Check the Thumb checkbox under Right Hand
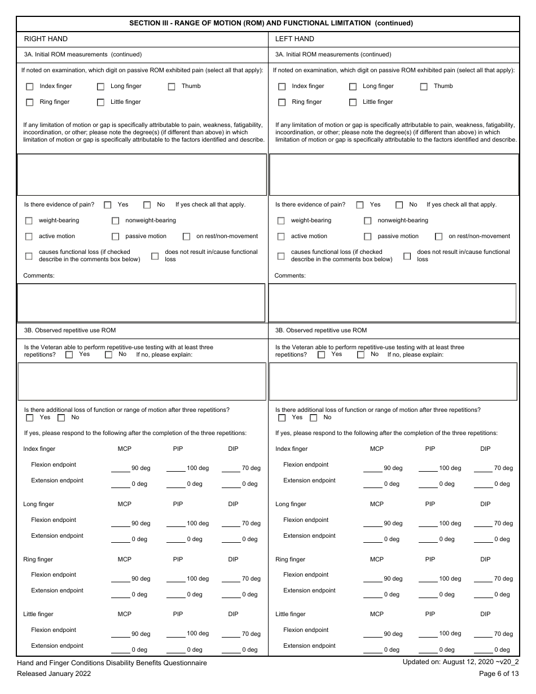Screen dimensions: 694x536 tap(172, 87)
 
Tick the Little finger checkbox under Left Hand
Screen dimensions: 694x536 tap(353, 103)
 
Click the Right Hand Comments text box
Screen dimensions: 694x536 tap(141, 302)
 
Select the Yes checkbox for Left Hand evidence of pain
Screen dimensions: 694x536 tap(360, 205)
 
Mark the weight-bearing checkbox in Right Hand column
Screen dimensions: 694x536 tap(29, 221)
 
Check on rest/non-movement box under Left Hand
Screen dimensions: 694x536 tap(438, 237)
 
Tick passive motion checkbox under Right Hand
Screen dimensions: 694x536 tap(115, 237)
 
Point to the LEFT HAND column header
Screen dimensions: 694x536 tap(295, 39)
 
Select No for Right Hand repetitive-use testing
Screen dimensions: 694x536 tap(109, 355)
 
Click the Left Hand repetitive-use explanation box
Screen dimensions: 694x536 tap(393, 381)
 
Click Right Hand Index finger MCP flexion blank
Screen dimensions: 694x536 tap(121, 468)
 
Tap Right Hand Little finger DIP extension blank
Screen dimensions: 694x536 tap(231, 649)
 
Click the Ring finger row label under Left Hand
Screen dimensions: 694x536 tap(290, 559)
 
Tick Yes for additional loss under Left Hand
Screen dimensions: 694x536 tap(282, 418)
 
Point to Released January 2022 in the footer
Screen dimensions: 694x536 tap(54, 673)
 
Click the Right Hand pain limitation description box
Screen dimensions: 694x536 tap(142, 174)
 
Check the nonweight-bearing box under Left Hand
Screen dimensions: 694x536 tap(367, 221)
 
